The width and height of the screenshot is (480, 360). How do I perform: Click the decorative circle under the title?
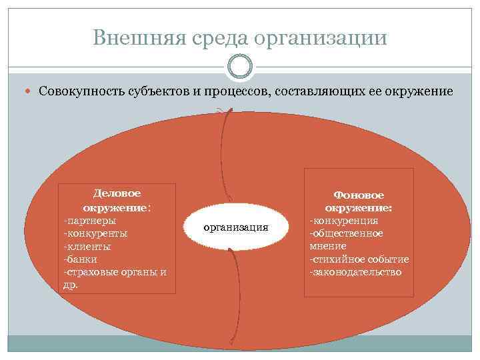pos(240,67)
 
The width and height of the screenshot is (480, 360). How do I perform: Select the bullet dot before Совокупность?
pos(32,90)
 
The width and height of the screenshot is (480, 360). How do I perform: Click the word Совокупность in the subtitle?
pos(81,90)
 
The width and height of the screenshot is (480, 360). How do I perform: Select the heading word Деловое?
pos(117,193)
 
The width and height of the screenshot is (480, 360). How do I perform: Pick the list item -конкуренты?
pos(95,233)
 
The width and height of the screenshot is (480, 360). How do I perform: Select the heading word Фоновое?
pos(359,195)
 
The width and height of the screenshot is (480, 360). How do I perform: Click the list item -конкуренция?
pos(343,221)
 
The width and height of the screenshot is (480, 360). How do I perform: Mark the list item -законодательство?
pos(355,272)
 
